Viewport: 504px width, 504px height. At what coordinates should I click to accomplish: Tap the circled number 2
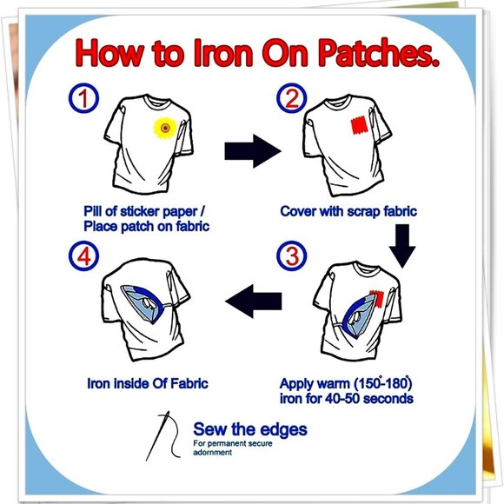291,99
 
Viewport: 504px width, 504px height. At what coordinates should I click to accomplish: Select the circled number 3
291,257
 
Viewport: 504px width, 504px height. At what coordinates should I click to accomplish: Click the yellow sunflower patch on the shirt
164,129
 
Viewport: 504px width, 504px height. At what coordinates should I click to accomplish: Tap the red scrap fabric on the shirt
357,127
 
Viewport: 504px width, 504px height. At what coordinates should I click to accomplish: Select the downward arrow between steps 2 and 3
401,246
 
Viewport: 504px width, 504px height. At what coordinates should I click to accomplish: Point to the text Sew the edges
249,429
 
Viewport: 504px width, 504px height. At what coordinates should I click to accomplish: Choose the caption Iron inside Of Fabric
146,382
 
